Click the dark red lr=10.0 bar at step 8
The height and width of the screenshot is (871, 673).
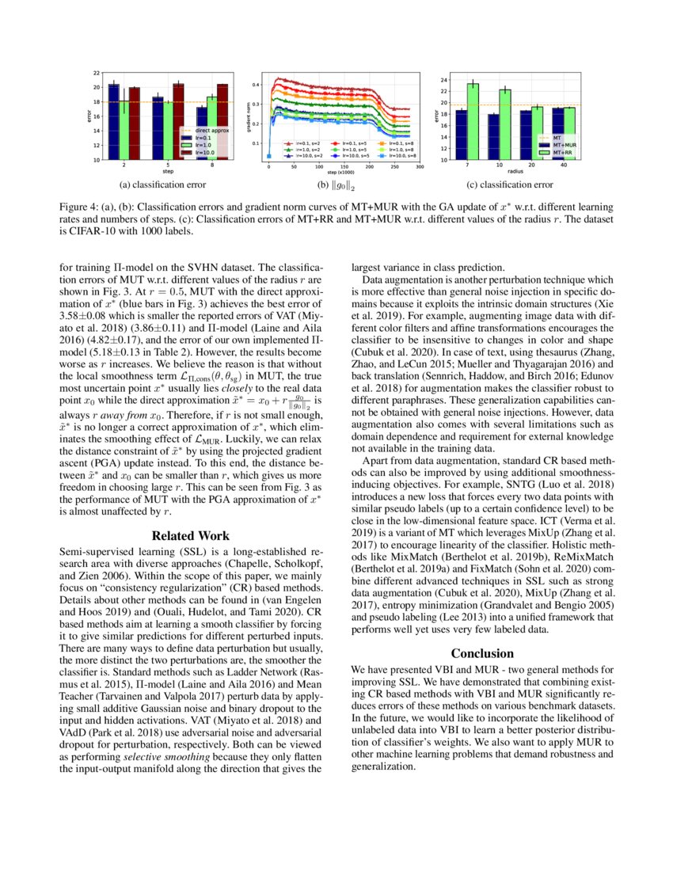222,123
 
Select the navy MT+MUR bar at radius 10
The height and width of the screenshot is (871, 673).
493,137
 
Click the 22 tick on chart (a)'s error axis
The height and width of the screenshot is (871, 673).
96,72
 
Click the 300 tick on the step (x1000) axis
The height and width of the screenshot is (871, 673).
419,167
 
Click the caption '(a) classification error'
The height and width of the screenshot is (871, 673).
162,184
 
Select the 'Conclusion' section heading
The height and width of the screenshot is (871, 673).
482,653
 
